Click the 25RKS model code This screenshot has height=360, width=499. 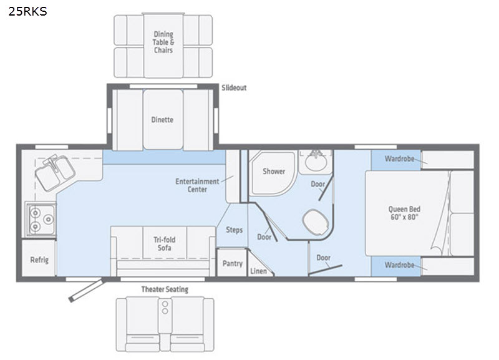click(27, 11)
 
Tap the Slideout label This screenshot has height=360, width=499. click(234, 87)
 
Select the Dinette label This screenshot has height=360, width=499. click(162, 120)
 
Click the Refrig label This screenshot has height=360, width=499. click(39, 260)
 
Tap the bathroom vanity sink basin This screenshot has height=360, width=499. click(316, 162)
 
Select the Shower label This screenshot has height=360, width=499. click(274, 171)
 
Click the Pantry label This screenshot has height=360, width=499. click(232, 263)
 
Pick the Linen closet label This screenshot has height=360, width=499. click(258, 271)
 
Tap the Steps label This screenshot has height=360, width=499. click(235, 230)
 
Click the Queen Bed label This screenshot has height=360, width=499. click(404, 213)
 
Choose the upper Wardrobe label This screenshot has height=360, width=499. click(399, 158)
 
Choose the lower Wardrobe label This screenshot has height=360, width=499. click(399, 265)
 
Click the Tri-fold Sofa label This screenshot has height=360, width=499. click(165, 244)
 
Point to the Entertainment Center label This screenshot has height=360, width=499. click(197, 185)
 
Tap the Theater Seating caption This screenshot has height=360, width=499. click(165, 289)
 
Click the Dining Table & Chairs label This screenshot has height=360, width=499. click(163, 42)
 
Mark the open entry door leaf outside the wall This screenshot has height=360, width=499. click(86, 290)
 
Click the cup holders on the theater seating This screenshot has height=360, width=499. click(165, 308)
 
